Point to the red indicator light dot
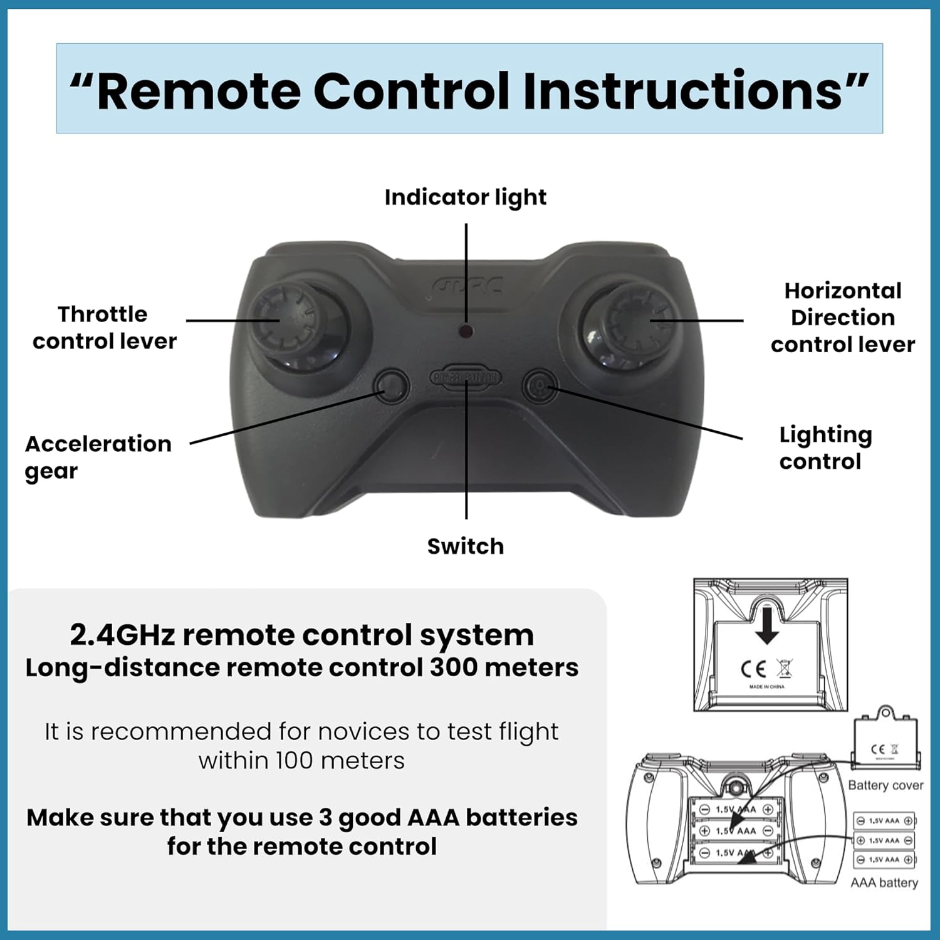coord(466,331)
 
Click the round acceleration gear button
coord(392,385)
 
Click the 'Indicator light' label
coord(465,197)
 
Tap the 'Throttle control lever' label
coord(104,328)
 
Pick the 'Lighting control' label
coord(825,448)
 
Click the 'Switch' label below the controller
coord(465,546)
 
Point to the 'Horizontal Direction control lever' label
coord(842,318)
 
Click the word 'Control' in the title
coord(411,91)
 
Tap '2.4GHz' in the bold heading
coord(122,635)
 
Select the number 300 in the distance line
coord(453,667)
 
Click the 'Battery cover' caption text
coord(885,785)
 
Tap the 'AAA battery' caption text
coord(884,883)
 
